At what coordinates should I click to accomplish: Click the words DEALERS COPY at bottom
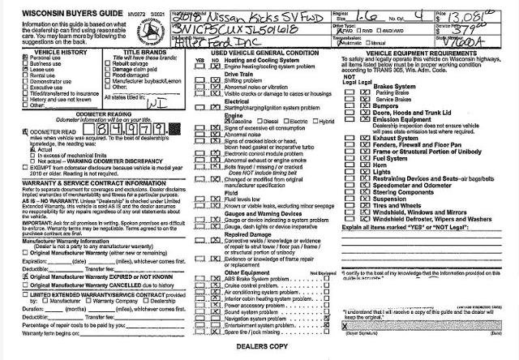tap(260, 347)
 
